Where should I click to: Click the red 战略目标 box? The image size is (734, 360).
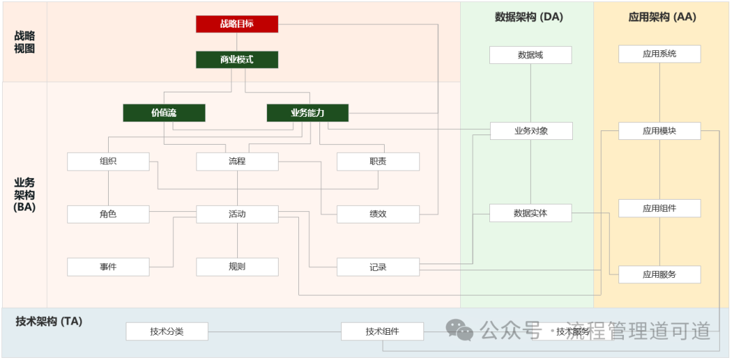pos(237,24)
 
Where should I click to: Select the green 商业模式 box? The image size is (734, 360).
pos(237,60)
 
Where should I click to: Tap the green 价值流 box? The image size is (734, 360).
pos(164,113)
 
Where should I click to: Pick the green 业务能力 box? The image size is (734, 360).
pos(307,113)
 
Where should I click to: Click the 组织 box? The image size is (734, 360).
pos(108,162)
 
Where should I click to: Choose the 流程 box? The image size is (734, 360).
pos(237,162)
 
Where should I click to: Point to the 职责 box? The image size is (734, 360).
pos(378,162)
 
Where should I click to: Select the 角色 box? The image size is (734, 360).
pos(108,214)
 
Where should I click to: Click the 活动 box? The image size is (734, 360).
pos(237,214)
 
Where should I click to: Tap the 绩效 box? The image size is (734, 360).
pos(378,214)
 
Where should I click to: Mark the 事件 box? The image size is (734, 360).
pos(108,267)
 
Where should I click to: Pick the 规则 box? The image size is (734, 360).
pos(237,267)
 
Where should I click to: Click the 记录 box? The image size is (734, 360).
pos(378,267)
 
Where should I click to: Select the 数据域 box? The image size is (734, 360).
pos(530,55)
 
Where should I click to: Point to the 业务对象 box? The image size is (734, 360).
pos(530,131)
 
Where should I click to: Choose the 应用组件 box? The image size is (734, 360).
pos(659,209)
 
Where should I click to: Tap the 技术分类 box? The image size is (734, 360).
pos(167,331)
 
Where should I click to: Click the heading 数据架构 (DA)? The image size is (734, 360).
pos(528,17)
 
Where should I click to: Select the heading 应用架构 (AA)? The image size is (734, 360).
pos(662,17)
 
